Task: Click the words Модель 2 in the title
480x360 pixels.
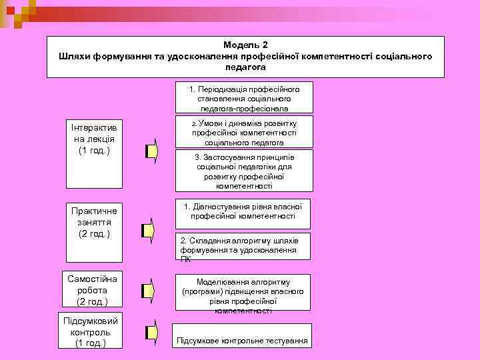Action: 245,45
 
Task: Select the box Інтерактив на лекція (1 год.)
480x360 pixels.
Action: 94,139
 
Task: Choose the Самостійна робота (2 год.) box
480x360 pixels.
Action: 93,290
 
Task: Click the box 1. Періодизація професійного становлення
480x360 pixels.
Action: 243,98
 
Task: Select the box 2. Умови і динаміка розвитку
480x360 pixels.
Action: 243,133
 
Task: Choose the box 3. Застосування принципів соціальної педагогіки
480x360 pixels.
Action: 243,171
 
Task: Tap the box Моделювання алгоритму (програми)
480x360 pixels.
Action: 243,292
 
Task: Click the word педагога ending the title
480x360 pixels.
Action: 245,67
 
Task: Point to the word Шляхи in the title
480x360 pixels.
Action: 73,56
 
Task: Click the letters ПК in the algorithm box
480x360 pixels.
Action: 185,259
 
